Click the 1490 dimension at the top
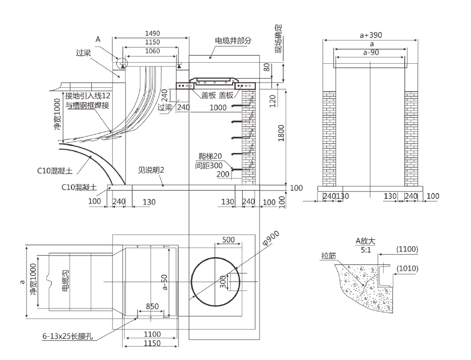coord(152,34)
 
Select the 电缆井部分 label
coord(233,41)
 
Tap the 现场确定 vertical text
coord(279,42)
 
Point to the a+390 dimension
coord(371,35)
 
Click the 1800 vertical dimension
coord(281,134)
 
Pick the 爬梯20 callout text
coord(210,156)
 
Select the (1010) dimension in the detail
coord(407,268)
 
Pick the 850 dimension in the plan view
coord(152,307)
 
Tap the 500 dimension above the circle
coord(228,240)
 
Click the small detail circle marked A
coord(121,63)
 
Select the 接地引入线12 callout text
coord(88,96)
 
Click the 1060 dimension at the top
coord(152,51)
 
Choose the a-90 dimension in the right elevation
coord(371,52)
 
